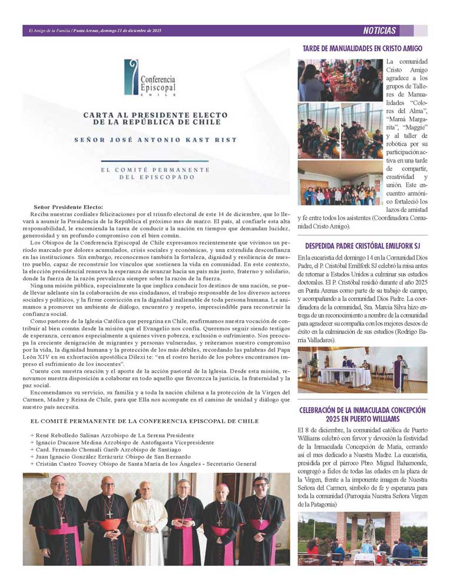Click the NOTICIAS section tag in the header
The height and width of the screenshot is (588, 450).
(380, 31)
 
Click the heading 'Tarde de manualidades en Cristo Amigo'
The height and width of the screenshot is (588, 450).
(362, 48)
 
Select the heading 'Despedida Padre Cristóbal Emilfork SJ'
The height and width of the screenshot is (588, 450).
(362, 245)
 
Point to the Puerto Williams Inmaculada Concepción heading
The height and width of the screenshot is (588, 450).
(362, 414)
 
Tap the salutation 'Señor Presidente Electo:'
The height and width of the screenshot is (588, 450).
(68, 207)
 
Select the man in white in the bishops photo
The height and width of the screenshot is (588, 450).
(147, 520)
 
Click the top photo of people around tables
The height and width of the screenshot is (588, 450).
(340, 80)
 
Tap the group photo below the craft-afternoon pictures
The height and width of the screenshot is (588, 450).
(340, 184)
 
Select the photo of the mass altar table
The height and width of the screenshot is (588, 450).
(362, 370)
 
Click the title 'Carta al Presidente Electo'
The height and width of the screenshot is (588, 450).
(152, 118)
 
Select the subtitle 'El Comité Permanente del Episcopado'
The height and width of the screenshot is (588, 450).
(155, 173)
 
